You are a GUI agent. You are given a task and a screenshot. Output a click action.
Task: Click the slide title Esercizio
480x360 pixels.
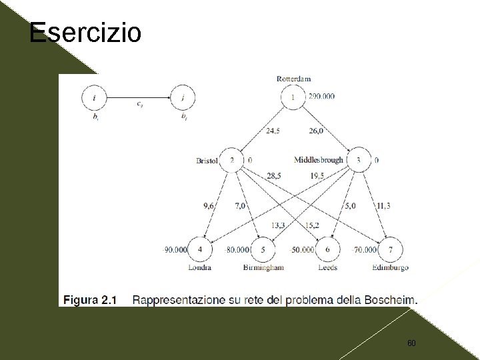[85, 31]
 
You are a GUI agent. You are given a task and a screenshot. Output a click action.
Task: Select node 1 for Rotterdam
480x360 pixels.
[293, 98]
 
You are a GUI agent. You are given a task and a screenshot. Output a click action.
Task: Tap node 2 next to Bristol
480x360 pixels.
[232, 161]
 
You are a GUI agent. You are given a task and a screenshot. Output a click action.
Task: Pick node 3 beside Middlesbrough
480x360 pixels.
[359, 161]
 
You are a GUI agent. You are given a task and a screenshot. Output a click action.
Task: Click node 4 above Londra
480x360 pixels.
[201, 250]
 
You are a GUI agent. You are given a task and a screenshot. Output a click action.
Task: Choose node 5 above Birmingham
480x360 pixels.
[263, 250]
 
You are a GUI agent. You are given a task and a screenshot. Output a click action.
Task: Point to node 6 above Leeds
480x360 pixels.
[327, 250]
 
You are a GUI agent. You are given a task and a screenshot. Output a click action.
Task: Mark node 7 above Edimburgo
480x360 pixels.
[390, 250]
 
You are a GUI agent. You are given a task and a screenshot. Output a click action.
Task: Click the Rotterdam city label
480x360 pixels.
[293, 79]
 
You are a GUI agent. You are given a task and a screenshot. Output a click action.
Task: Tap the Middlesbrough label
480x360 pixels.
[319, 160]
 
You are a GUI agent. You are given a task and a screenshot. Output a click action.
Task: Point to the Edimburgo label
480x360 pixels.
[391, 268]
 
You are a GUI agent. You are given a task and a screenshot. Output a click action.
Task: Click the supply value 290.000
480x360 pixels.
[321, 97]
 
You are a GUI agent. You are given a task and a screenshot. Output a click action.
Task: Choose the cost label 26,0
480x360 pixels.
[315, 131]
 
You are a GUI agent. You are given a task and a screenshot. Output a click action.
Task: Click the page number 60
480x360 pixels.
[411, 343]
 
